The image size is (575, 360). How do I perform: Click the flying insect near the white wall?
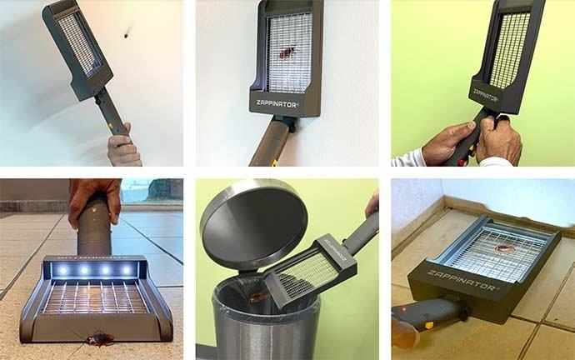pos(127,34)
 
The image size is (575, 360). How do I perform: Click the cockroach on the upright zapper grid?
pos(287,52)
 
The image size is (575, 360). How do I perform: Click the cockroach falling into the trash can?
pos(259,295)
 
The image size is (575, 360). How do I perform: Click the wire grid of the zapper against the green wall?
pos(508,50)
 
